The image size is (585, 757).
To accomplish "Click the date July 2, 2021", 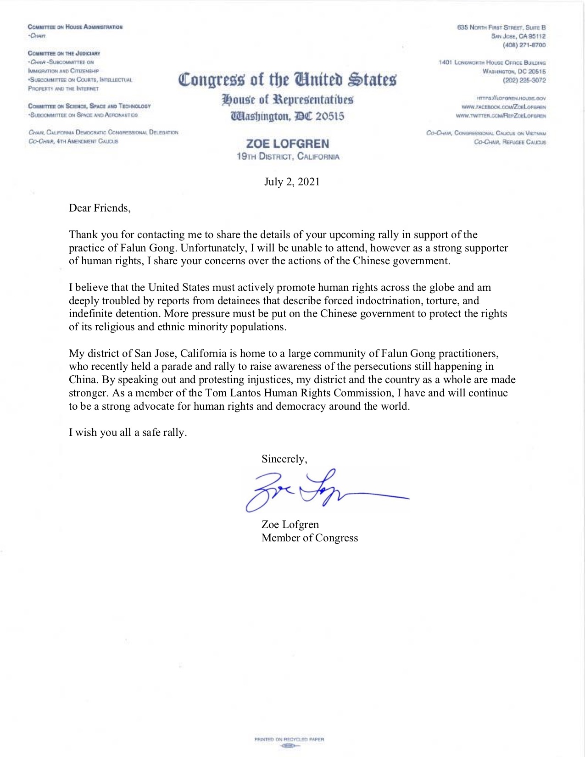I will (292, 182).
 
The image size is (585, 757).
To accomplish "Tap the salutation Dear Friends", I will (100, 208).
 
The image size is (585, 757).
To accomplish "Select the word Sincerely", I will (284, 459).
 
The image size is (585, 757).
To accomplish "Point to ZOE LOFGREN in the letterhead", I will (288, 144).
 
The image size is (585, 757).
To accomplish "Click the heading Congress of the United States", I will (287, 79).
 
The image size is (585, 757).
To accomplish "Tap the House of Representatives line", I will (287, 100).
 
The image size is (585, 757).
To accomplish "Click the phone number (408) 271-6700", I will (524, 45).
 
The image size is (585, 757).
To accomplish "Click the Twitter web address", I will (501, 116).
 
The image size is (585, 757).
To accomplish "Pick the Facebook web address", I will (503, 107).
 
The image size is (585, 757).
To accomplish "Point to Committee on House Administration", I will (75, 27).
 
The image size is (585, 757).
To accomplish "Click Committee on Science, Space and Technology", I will (89, 106).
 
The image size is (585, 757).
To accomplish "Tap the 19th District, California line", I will (288, 156).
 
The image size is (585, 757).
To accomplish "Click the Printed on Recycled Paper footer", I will (289, 739).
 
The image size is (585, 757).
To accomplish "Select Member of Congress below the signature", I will (310, 538).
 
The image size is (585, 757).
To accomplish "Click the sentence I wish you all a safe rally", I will (128, 433).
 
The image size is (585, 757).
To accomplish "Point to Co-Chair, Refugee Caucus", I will (510, 142).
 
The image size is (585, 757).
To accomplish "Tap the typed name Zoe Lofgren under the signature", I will (290, 525).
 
